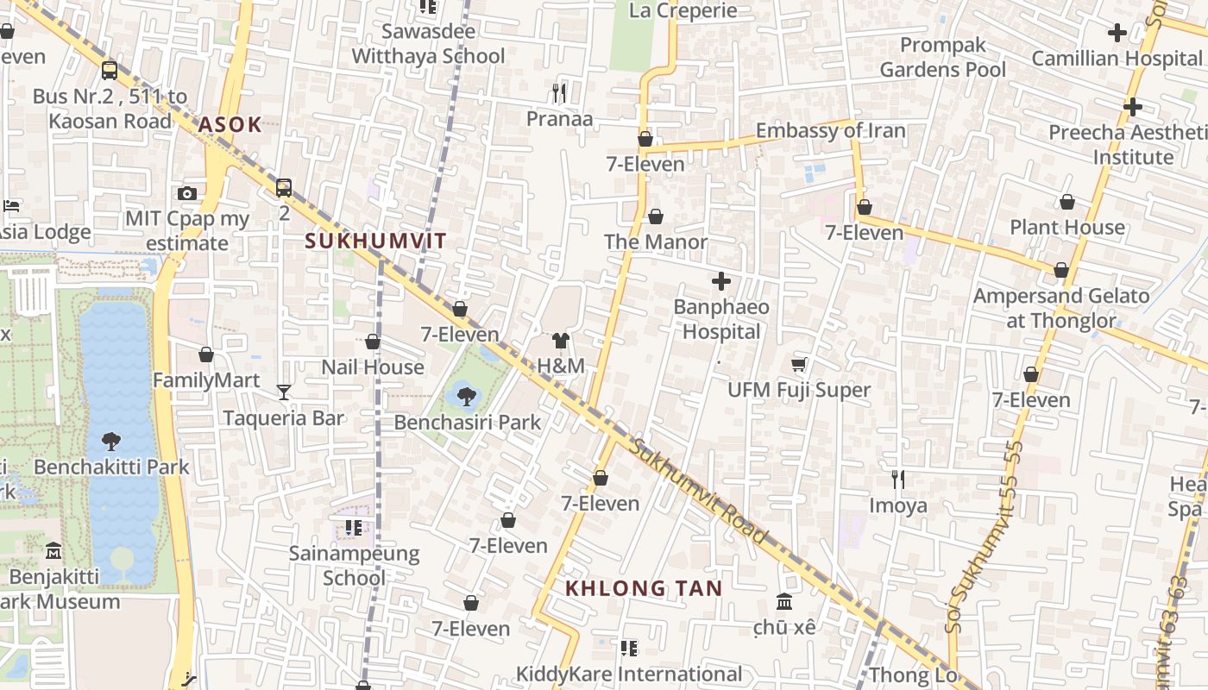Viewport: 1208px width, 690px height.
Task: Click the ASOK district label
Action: [230, 124]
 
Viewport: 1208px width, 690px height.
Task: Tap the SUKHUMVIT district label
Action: [376, 241]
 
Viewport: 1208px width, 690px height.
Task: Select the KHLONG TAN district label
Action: [644, 588]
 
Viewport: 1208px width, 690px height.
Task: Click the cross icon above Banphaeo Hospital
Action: [721, 281]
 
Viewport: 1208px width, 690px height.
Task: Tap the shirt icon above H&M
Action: [561, 341]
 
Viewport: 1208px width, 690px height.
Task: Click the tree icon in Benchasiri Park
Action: [467, 397]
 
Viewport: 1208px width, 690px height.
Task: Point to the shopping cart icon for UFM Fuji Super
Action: [799, 365]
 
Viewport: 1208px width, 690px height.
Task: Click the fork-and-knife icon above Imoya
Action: [898, 480]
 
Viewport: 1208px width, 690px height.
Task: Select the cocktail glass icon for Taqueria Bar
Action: [284, 392]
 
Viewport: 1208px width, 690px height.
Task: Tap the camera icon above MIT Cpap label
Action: [187, 193]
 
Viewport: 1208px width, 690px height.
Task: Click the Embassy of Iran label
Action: [830, 131]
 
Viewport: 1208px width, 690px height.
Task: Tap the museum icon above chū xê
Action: [784, 601]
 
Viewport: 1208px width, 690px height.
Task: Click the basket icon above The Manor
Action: [656, 216]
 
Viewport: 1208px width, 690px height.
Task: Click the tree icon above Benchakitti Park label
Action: [111, 442]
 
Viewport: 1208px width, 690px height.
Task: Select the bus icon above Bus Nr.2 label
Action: [110, 71]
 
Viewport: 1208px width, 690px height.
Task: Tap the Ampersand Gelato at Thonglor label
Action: [1061, 308]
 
